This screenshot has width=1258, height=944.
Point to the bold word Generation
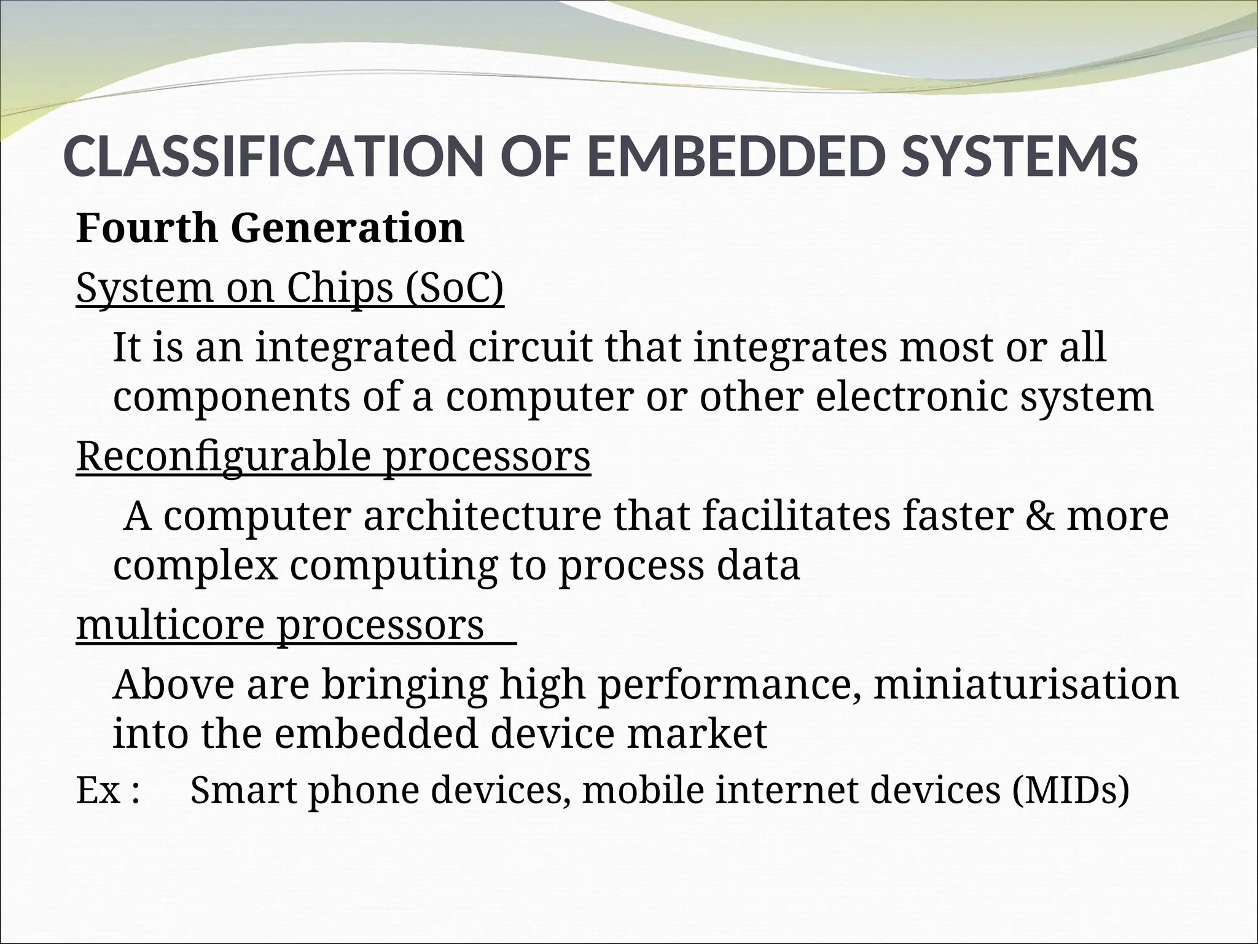point(348,228)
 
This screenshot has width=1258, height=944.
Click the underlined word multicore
point(171,626)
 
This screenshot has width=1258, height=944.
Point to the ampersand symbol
point(1039,516)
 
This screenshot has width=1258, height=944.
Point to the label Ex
point(98,790)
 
